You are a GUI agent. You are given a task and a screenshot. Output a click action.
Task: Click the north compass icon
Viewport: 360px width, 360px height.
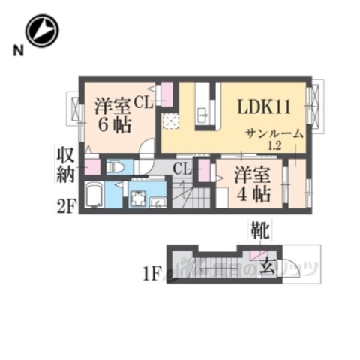pos(42,31)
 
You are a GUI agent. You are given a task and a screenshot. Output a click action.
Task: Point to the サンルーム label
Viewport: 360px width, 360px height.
pos(275,133)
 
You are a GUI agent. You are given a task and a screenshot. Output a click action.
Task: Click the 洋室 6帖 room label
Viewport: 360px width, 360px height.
pos(111,117)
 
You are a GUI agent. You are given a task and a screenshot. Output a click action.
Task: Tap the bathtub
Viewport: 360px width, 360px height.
pos(94,196)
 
